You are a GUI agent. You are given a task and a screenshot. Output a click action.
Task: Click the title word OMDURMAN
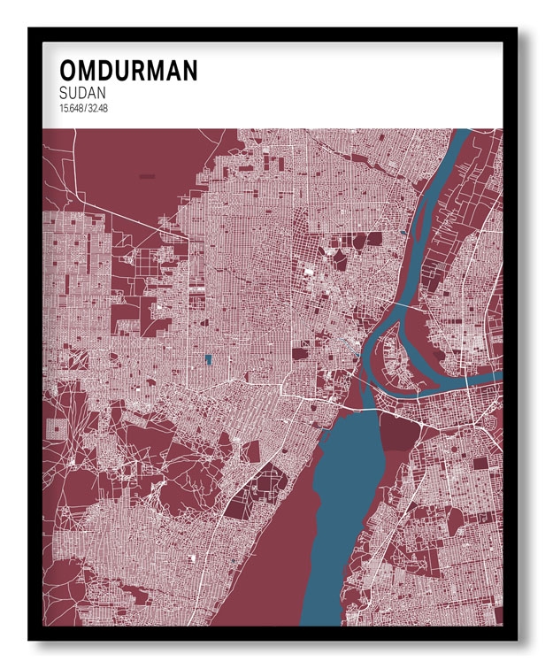128,71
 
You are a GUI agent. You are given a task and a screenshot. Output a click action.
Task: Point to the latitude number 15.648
72,109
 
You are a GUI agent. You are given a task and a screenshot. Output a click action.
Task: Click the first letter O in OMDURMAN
68,71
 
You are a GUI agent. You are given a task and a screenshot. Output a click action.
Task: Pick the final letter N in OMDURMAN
188,71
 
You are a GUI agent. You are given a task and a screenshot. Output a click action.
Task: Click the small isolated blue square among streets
209,359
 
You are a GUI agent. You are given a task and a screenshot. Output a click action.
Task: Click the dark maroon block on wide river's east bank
399,434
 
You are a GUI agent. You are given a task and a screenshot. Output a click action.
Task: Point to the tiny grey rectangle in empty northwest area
147,177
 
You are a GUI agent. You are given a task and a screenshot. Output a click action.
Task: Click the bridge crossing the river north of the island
403,305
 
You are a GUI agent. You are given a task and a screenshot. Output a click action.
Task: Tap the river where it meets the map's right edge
495,377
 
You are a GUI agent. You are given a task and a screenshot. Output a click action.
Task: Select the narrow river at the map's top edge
461,135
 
